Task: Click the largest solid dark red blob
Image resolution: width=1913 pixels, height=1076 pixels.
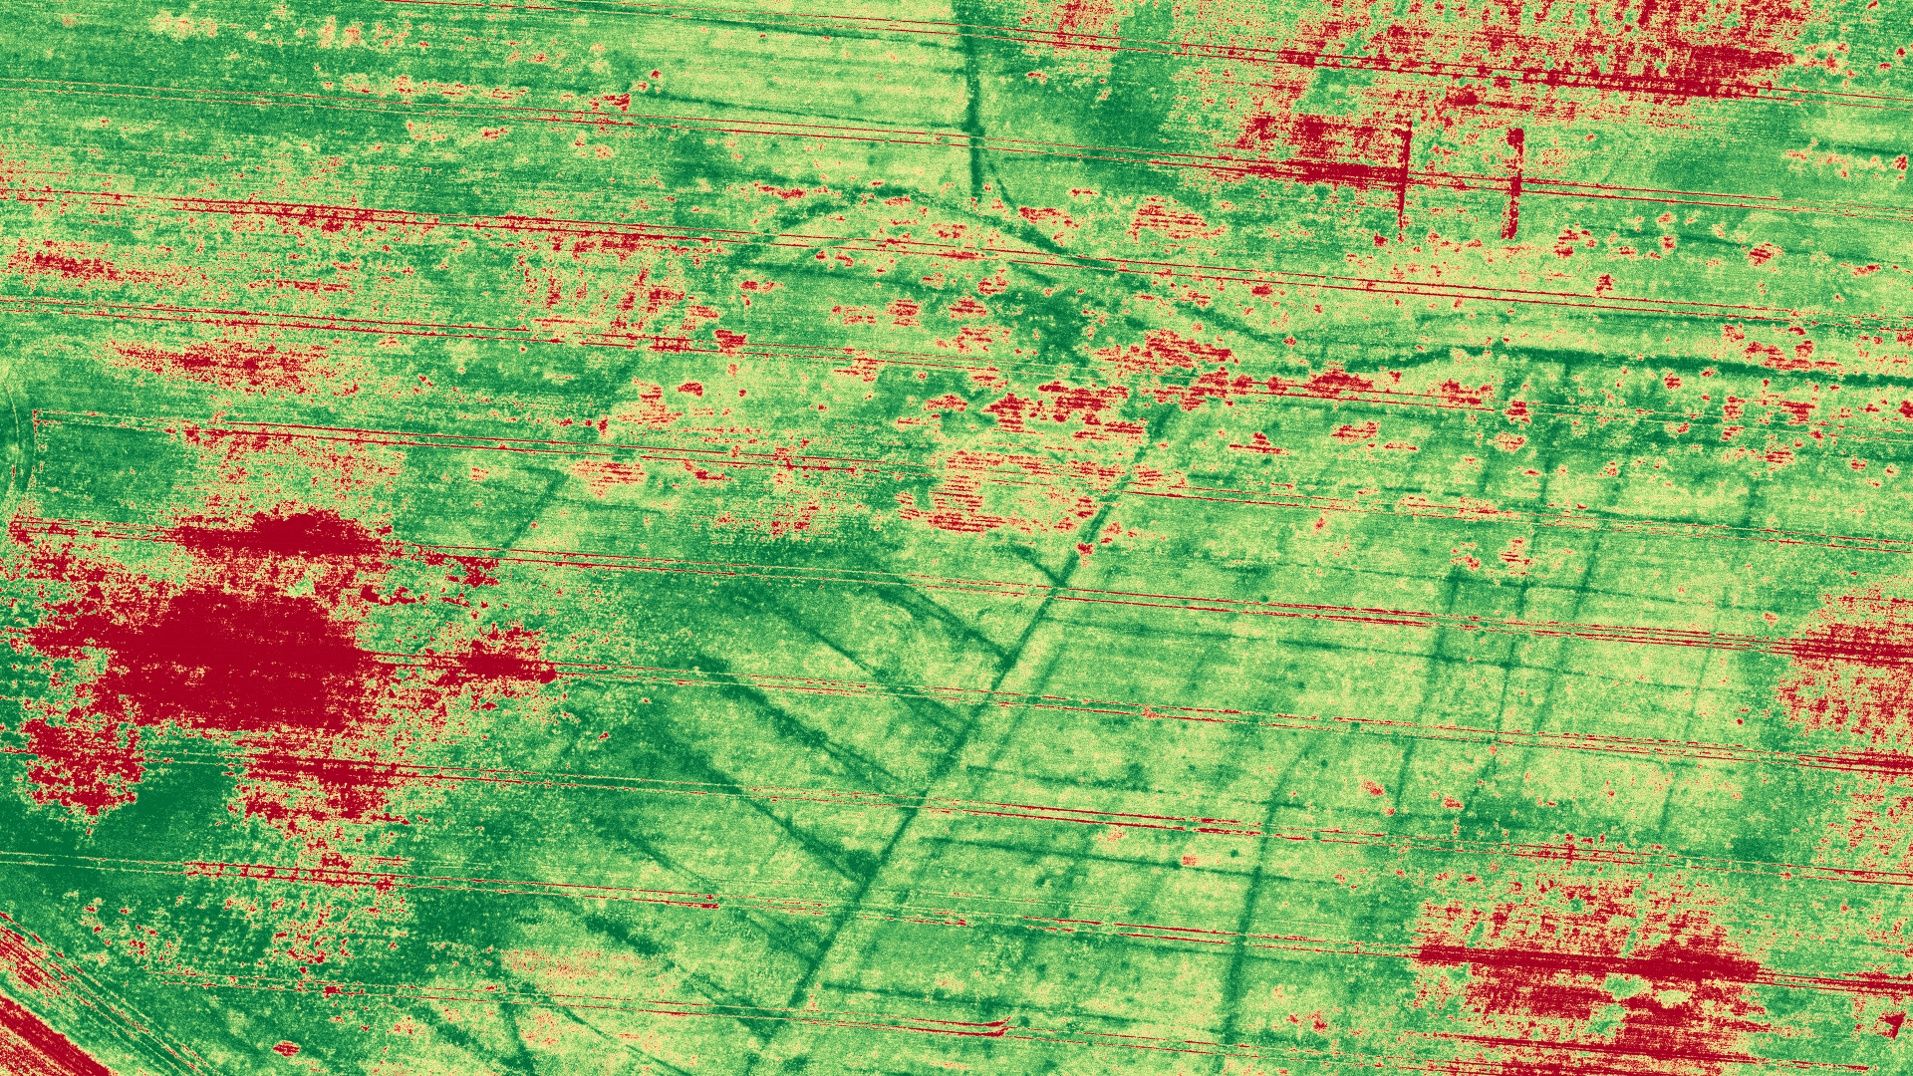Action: [239, 658]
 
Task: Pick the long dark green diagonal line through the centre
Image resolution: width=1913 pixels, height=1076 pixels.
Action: [996, 677]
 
